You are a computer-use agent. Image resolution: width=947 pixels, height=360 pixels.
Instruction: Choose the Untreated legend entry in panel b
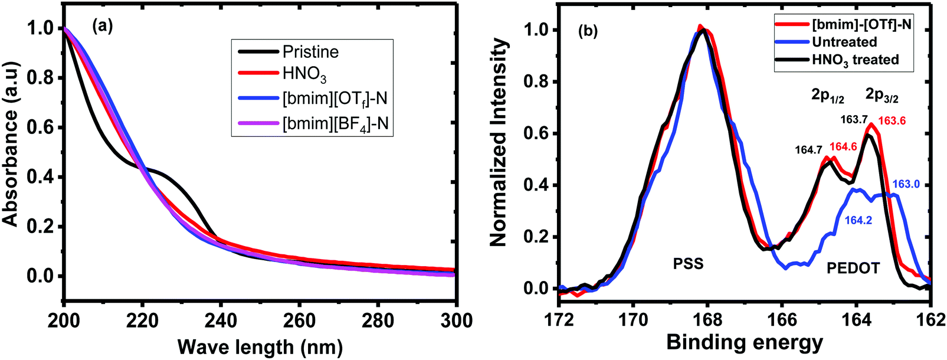pos(844,42)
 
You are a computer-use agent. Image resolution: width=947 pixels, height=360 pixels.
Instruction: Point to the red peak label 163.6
pos(892,121)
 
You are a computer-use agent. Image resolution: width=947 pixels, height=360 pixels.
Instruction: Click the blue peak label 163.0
pos(906,184)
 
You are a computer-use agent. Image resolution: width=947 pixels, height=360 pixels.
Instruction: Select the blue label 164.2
pos(858,220)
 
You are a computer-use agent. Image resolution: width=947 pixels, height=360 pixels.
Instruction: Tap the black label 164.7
pos(808,150)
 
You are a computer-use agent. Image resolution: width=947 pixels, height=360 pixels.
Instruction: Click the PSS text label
pos(688,264)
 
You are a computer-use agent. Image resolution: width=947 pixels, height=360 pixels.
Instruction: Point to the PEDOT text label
pos(853,269)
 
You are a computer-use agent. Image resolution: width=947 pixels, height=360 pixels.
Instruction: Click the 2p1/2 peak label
pos(827,96)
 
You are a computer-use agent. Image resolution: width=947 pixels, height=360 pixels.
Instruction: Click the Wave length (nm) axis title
pos(260,346)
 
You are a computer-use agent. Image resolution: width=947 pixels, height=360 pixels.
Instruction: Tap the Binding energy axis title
pos(744,342)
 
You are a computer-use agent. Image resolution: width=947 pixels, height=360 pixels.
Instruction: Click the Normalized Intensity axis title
pos(499,142)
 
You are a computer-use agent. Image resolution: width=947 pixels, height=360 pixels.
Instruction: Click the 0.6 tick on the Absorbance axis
pos(41,127)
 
